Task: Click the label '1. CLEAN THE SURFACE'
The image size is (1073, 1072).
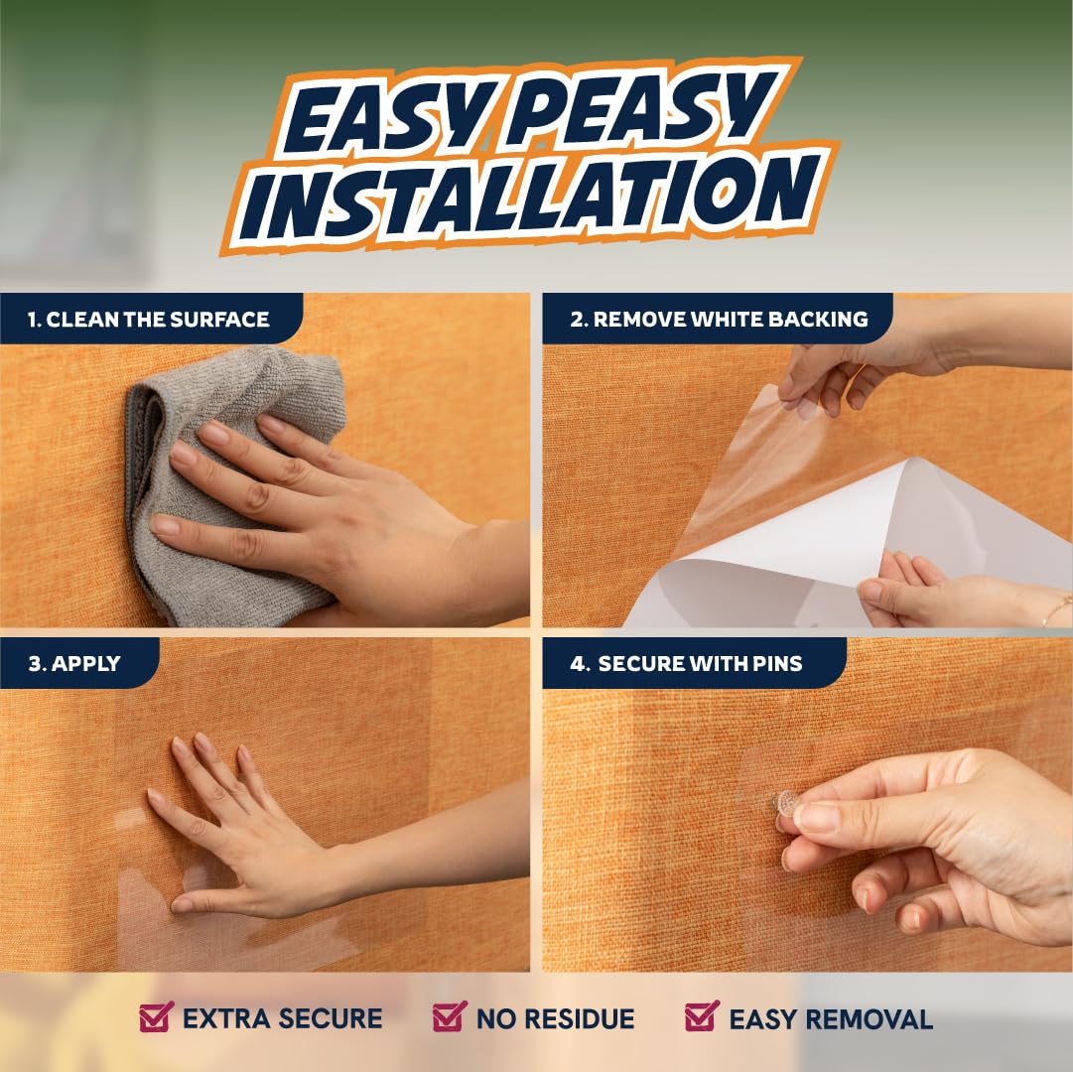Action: coord(149,319)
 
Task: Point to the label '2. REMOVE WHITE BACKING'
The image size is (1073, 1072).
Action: coord(719,319)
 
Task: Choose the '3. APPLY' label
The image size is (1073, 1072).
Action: coord(74,664)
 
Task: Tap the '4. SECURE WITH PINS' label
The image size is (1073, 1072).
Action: coord(686,664)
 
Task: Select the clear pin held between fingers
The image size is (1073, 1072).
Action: coord(786,803)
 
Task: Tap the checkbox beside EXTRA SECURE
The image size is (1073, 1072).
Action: coord(156,1016)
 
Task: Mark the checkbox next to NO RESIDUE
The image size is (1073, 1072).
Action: coord(450,1016)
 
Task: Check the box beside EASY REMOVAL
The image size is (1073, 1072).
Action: coord(702,1015)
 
